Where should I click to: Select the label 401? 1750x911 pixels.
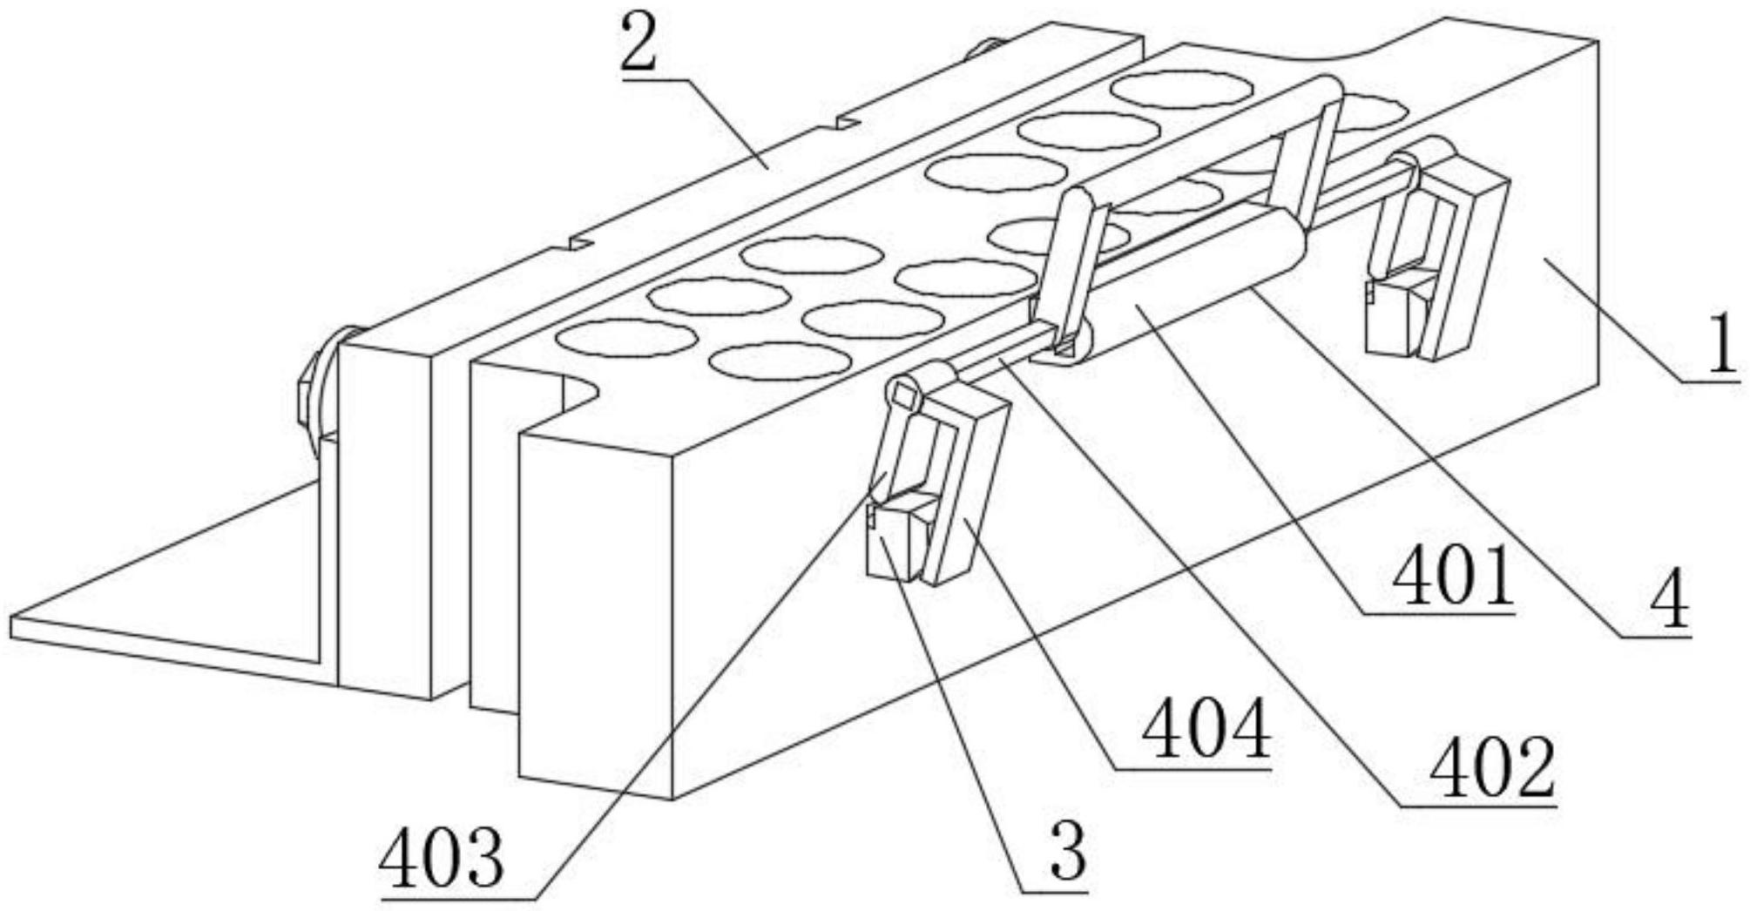pyautogui.click(x=1449, y=578)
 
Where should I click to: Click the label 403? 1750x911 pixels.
pyautogui.click(x=442, y=857)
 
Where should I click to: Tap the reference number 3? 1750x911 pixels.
pyautogui.click(x=1068, y=852)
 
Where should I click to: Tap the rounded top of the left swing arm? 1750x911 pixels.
pyautogui.click(x=1073, y=202)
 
